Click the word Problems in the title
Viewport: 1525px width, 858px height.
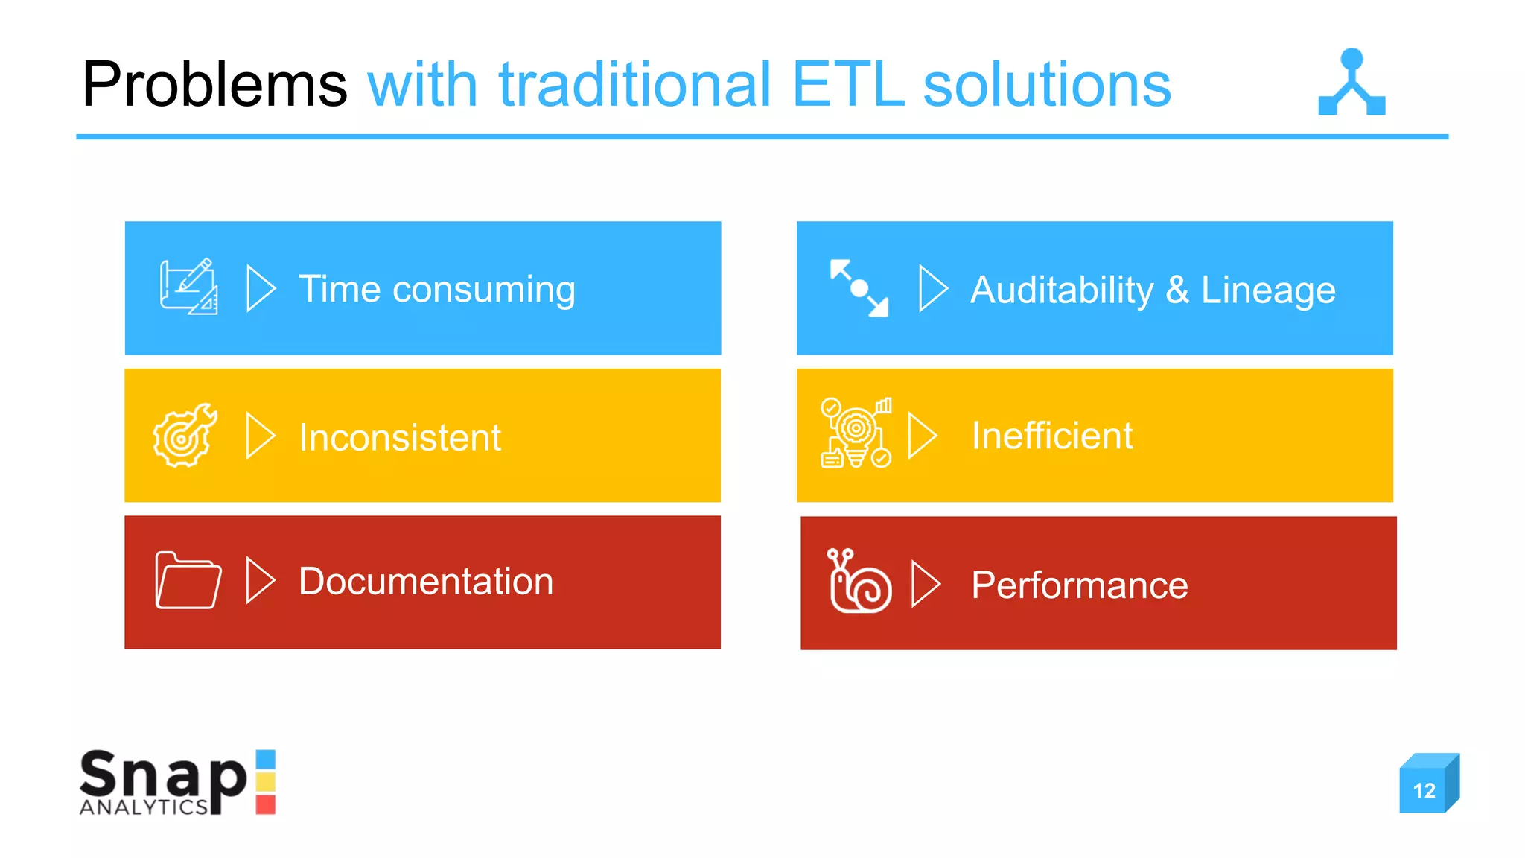pyautogui.click(x=214, y=85)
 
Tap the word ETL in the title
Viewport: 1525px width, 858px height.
pyautogui.click(x=847, y=85)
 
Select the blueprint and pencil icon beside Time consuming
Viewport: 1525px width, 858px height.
pyautogui.click(x=189, y=287)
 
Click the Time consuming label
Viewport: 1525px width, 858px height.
pyautogui.click(x=436, y=289)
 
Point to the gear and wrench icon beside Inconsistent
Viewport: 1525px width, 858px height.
pyautogui.click(x=185, y=436)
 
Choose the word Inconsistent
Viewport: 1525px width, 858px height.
pyautogui.click(x=400, y=437)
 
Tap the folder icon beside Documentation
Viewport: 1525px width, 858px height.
pyautogui.click(x=188, y=581)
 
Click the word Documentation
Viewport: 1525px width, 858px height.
pyautogui.click(x=426, y=582)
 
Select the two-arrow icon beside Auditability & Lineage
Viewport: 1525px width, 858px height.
pyautogui.click(x=859, y=288)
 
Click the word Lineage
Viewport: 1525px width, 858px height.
pyautogui.click(x=1268, y=290)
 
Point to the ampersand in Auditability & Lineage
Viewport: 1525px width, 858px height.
pyautogui.click(x=1177, y=290)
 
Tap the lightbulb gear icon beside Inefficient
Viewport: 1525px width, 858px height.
pyautogui.click(x=856, y=433)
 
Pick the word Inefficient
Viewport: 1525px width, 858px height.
pyautogui.click(x=1052, y=436)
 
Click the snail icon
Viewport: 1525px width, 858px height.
pyautogui.click(x=859, y=582)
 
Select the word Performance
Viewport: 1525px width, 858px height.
pyautogui.click(x=1079, y=585)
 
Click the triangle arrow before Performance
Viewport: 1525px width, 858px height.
pyautogui.click(x=926, y=584)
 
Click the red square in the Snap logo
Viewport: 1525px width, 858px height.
pyautogui.click(x=266, y=804)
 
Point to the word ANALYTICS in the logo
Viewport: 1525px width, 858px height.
pyautogui.click(x=144, y=807)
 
